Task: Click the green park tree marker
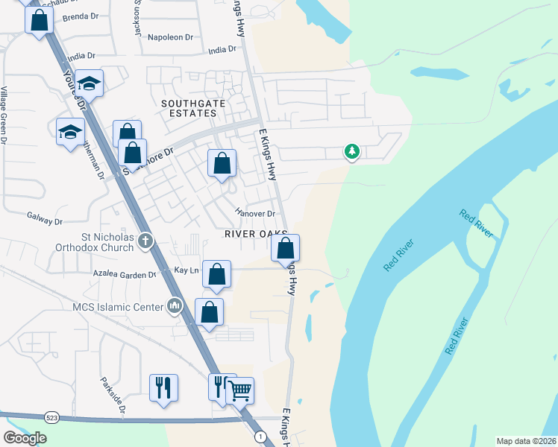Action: (x=351, y=152)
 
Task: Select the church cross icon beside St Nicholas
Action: (x=145, y=241)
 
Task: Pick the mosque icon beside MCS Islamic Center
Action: (x=175, y=305)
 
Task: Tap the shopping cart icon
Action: (x=239, y=389)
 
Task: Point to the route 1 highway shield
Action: (x=260, y=436)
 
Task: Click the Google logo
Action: (x=25, y=438)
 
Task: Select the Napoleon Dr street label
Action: (x=170, y=37)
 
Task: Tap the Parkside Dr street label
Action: (x=113, y=394)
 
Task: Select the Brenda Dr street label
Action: (x=81, y=16)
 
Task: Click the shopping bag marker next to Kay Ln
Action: (x=216, y=275)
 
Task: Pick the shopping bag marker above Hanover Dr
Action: (x=222, y=164)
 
